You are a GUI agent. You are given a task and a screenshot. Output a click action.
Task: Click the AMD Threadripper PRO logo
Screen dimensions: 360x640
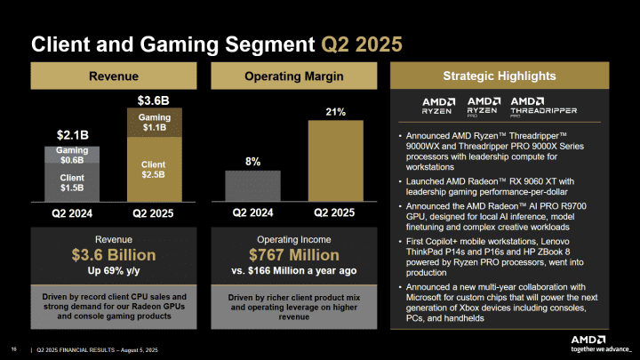click(545, 106)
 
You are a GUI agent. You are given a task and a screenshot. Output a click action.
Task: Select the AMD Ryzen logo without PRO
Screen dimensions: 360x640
click(440, 106)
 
